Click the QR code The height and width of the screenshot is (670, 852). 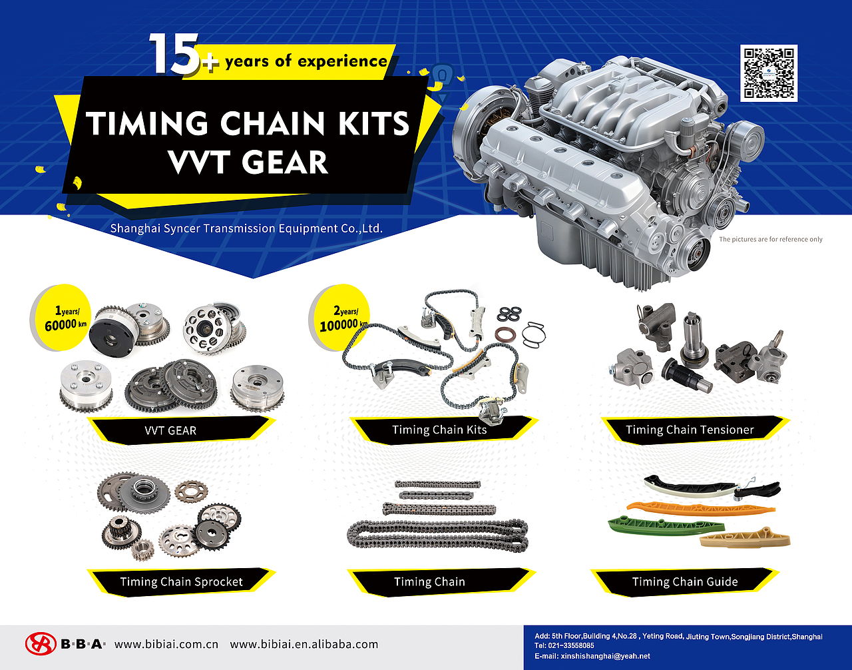coord(769,73)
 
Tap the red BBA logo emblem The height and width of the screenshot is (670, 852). coord(41,644)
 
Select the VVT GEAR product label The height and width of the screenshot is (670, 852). coord(170,431)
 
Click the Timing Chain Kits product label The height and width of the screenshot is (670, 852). coord(439,430)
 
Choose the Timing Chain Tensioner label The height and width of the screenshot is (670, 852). coord(690,430)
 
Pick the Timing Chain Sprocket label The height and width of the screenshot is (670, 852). coord(182,581)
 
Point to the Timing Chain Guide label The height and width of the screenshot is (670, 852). coord(685,581)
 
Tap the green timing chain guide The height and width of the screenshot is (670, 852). coord(666,525)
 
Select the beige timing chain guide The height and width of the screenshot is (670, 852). coord(745,539)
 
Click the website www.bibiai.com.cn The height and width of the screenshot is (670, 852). coord(166,645)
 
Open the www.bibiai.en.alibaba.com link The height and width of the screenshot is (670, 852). coord(304,645)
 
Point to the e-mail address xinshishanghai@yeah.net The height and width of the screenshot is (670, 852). coord(605,656)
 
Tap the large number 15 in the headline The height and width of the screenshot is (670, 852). coord(174,54)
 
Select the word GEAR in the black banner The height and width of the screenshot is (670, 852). coord(285,162)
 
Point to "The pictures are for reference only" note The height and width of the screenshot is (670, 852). coord(771,239)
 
